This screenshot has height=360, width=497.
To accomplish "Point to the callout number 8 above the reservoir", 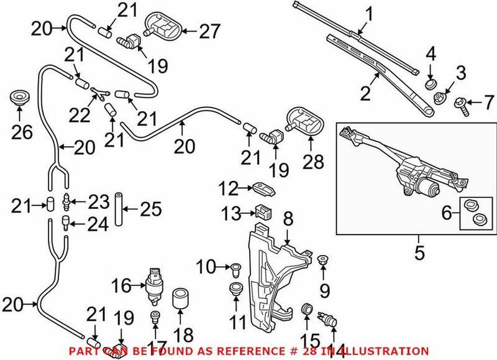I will click(288, 219).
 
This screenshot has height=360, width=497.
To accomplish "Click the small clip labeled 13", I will click(263, 212).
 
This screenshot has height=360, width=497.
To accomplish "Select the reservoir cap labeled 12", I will click(262, 187).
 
